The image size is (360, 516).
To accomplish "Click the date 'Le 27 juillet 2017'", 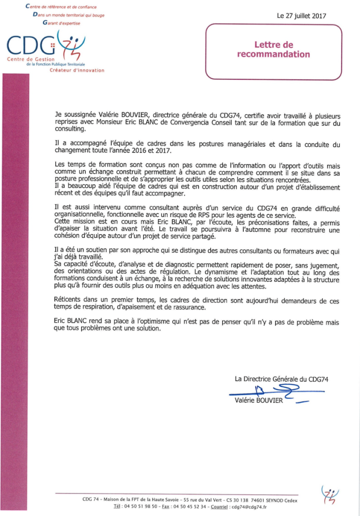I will (302, 16).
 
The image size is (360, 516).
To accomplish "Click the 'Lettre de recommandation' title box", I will (273, 50).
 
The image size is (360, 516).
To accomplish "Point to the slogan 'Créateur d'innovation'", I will (77, 71).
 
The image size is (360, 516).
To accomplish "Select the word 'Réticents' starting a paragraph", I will (70, 299).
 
